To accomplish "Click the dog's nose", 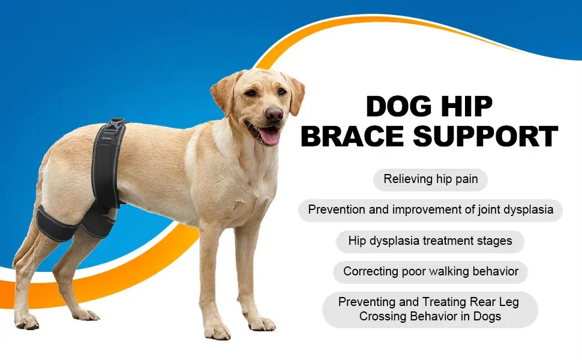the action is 274,114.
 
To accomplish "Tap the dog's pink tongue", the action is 269,136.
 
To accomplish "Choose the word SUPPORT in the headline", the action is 485,136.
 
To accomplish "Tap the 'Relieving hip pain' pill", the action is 430,179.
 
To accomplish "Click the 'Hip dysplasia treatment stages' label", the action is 430,241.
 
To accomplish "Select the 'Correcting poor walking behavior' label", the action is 431,271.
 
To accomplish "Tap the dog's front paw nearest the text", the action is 262,323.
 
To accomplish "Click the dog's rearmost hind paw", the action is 27,322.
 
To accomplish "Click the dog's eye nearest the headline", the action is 282,91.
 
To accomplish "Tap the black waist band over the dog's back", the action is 107,163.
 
